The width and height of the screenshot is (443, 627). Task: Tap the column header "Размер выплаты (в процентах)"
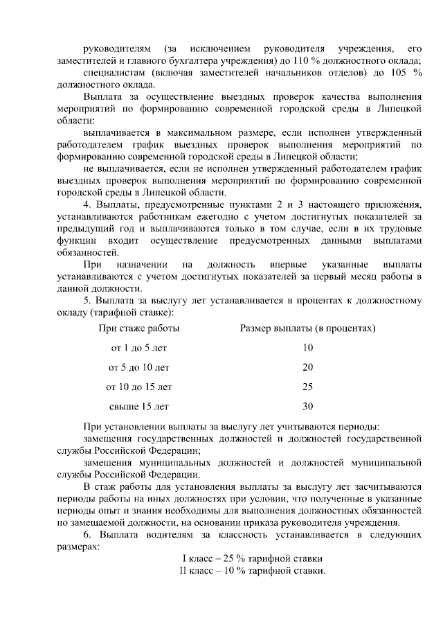pyautogui.click(x=307, y=328)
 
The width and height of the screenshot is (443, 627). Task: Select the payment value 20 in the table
pyautogui.click(x=308, y=367)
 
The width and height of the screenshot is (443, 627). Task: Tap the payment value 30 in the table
pyautogui.click(x=308, y=406)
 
